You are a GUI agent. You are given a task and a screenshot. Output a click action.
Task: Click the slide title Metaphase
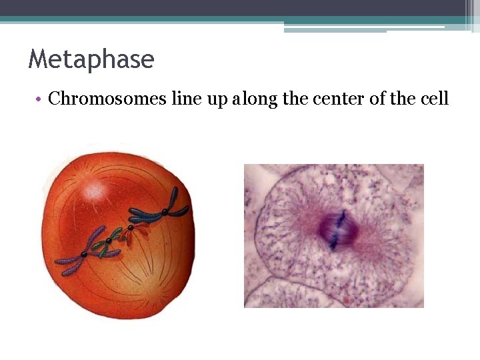pyautogui.click(x=91, y=60)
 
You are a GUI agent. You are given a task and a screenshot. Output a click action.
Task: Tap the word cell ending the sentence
pyautogui.click(x=435, y=99)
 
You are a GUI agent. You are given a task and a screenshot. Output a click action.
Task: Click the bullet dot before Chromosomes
pyautogui.click(x=40, y=100)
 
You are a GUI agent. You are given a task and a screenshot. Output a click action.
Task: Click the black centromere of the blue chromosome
pyautogui.click(x=164, y=211)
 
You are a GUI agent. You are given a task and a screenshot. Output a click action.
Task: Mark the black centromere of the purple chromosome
pyautogui.click(x=83, y=255)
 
